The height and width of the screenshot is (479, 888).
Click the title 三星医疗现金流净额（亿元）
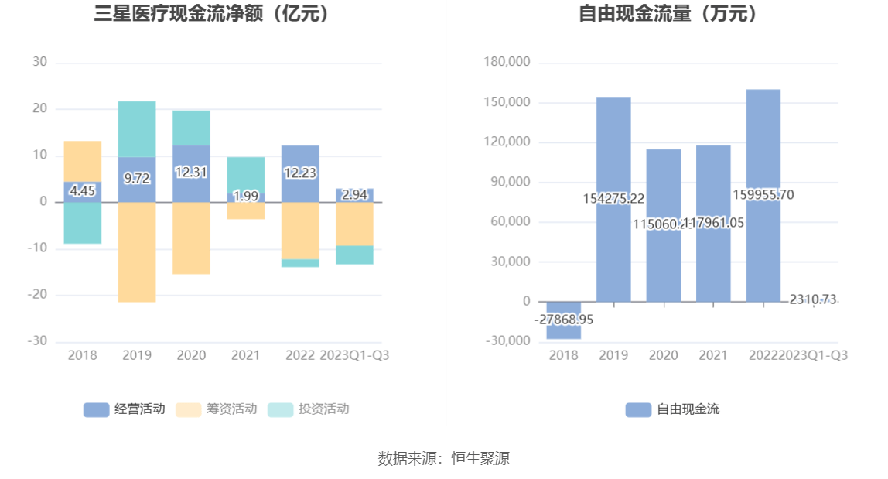point(213,15)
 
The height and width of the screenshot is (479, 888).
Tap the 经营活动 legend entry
point(124,409)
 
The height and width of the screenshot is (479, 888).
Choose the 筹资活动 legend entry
point(216,409)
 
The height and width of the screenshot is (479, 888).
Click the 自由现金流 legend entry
point(672,409)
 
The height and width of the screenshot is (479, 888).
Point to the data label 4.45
point(82,190)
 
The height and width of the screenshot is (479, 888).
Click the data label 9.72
point(137,178)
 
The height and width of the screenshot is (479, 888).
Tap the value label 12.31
point(191,173)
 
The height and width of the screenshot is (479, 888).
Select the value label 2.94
point(354,195)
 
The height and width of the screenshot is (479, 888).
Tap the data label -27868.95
point(564,319)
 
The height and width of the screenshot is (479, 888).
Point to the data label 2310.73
point(813,299)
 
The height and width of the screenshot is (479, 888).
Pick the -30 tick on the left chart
point(39,341)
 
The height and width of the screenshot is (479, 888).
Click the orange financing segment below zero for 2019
point(137,251)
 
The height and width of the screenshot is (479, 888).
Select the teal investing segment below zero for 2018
point(82,223)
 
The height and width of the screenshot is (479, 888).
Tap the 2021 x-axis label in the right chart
point(713,355)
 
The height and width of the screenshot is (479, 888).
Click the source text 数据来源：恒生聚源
point(444,458)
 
